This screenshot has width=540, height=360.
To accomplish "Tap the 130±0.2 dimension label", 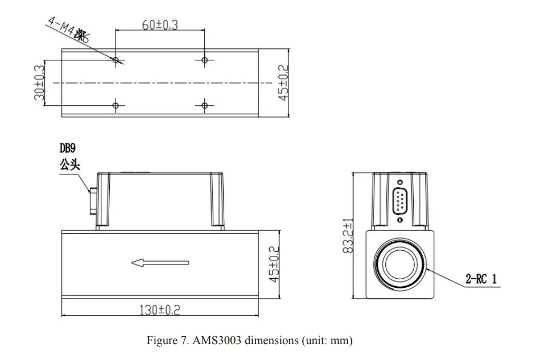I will [161, 310].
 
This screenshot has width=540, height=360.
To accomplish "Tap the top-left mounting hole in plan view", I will [116, 60].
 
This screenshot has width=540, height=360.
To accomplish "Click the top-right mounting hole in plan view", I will [205, 60].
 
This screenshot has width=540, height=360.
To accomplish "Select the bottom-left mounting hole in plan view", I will [116, 105].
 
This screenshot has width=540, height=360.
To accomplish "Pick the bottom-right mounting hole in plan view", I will [205, 105].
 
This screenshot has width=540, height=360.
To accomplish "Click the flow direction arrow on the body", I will [160, 263].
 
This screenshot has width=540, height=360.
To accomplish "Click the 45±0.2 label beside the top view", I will [283, 83].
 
